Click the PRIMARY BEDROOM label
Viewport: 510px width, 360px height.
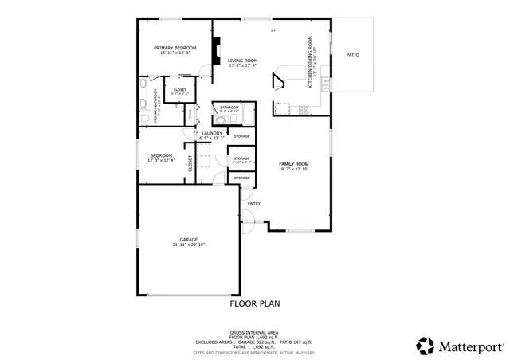tap(175, 48)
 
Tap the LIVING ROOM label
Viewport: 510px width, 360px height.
tap(242, 61)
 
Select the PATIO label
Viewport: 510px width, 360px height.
tap(352, 55)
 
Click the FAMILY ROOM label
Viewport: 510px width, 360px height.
tap(292, 163)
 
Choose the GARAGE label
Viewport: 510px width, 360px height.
tap(188, 240)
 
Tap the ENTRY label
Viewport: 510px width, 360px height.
tap(253, 204)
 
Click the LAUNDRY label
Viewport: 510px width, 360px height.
tap(211, 133)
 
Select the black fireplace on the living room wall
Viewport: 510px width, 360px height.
tap(215, 51)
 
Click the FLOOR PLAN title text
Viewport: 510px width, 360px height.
tap(255, 303)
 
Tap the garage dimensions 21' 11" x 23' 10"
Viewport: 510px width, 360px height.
tap(188, 245)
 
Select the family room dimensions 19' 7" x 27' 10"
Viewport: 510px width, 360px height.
tap(292, 169)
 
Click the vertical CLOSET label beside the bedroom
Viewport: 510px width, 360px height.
tap(190, 164)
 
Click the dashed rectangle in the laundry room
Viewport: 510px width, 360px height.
tap(204, 161)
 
